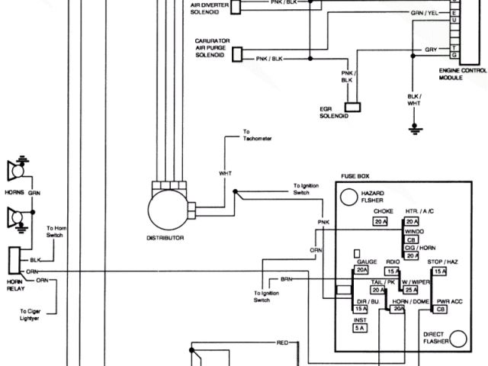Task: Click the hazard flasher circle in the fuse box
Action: [349, 196]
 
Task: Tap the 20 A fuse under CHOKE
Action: [381, 221]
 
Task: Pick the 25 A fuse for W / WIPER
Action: [412, 290]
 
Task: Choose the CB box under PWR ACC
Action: [440, 309]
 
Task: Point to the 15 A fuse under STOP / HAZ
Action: [440, 271]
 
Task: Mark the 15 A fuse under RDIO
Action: [393, 271]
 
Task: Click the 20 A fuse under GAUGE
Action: [361, 269]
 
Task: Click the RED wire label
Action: [282, 344]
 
